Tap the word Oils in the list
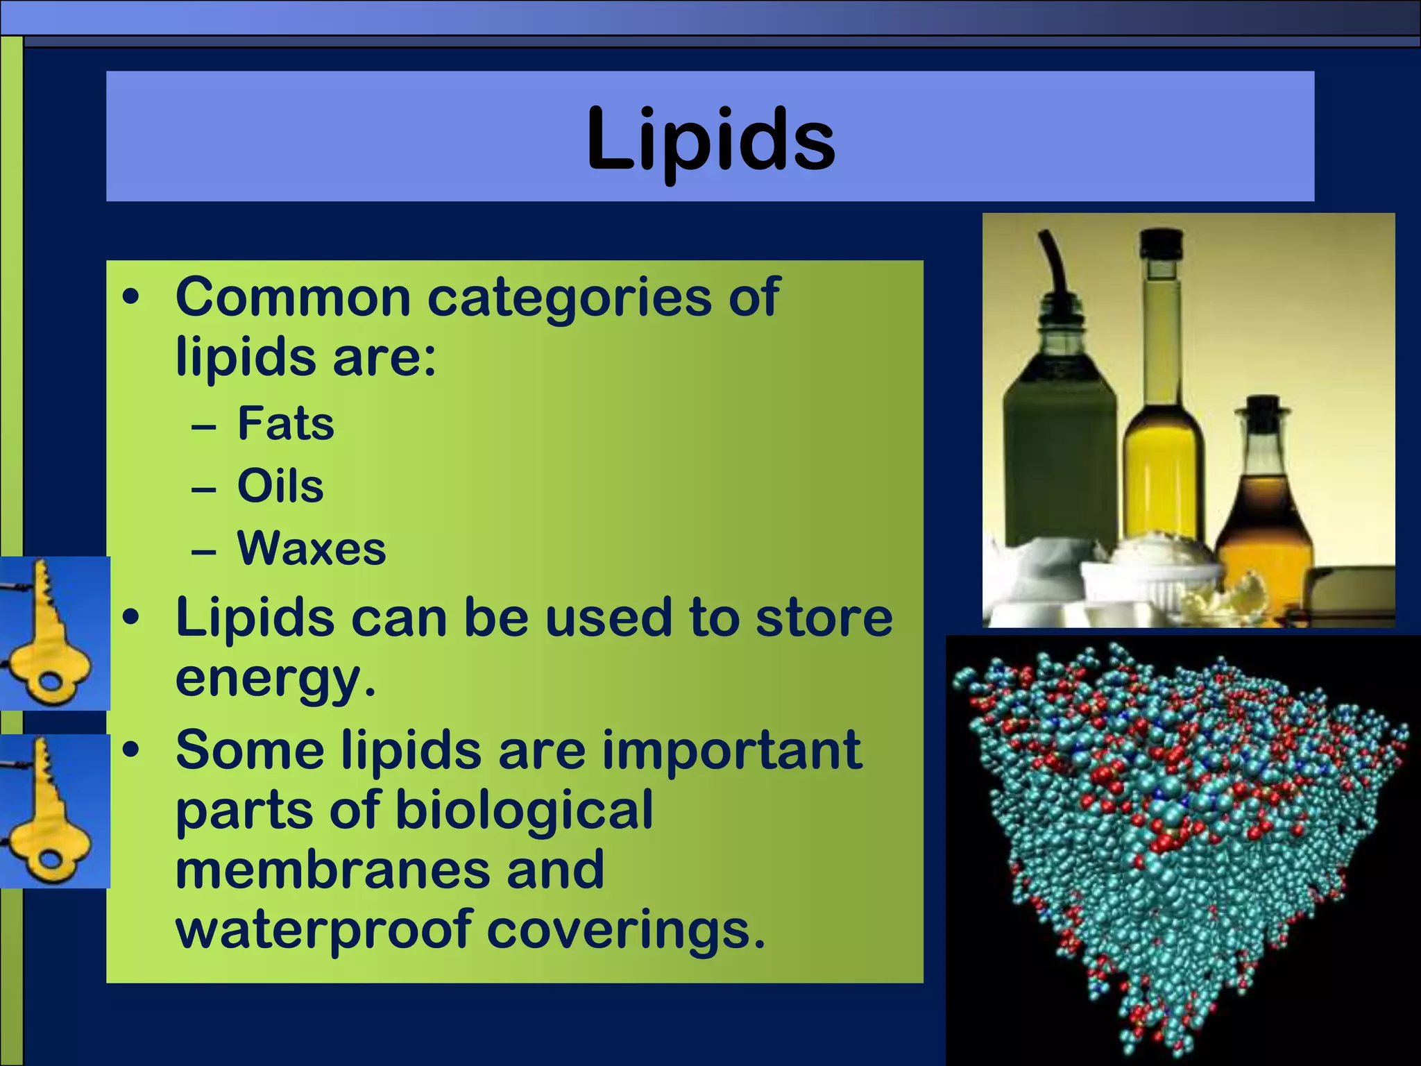[280, 486]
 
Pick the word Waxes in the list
[312, 548]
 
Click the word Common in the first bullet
[293, 297]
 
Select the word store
[824, 618]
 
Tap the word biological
[524, 811]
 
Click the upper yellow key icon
[53, 633]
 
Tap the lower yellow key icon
[53, 811]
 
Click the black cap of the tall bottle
[1162, 244]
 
